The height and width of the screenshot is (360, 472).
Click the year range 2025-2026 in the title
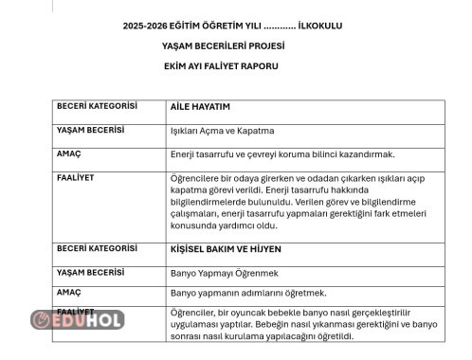tap(145, 25)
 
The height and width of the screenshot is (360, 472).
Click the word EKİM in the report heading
tap(175, 66)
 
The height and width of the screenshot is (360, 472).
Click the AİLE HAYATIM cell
tap(200, 107)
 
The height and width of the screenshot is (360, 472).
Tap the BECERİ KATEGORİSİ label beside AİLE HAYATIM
tap(97, 106)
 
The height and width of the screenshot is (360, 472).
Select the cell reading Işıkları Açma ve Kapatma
tap(222, 131)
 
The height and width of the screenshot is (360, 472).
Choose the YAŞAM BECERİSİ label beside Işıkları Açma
tap(91, 130)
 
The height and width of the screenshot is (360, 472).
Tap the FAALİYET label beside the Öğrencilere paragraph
tap(76, 177)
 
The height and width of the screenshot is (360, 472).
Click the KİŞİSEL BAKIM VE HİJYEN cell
tap(226, 249)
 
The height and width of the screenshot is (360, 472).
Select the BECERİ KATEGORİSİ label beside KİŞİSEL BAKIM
tap(97, 248)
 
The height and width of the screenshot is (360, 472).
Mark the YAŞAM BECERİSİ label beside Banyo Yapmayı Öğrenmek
tap(91, 272)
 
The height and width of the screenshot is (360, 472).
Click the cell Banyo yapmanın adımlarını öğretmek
tap(248, 294)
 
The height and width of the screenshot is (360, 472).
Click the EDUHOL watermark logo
tap(78, 320)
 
